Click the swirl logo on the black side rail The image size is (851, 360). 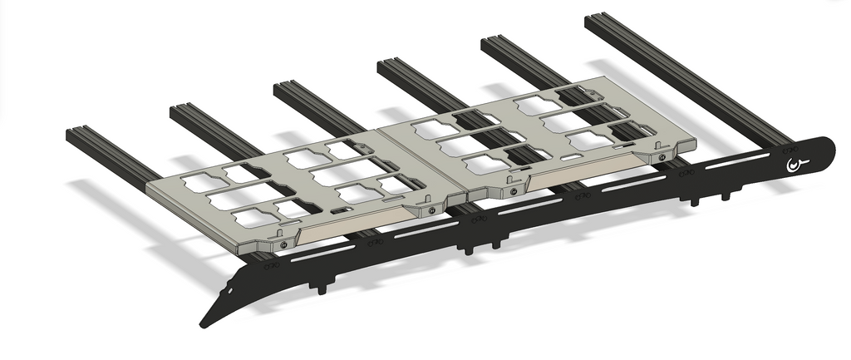(796, 166)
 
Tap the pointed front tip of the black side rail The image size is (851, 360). (204, 322)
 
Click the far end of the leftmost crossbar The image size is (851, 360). (79, 133)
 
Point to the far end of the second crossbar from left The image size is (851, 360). (183, 111)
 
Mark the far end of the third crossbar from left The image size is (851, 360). (287, 87)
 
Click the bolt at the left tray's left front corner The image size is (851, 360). (284, 244)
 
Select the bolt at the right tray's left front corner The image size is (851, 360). (514, 191)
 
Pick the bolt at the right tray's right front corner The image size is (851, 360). (662, 155)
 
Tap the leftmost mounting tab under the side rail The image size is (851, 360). (319, 288)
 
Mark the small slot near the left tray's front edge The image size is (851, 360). (341, 213)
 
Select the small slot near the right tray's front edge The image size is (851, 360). (572, 156)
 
